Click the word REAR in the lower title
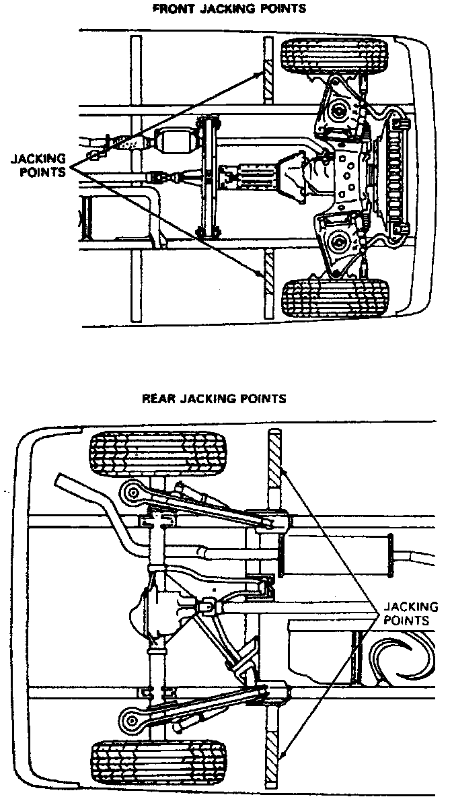pos(157,398)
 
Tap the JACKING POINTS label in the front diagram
pos(38,165)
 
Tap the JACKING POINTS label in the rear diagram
pos(410,613)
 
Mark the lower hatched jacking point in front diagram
pos(268,277)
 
